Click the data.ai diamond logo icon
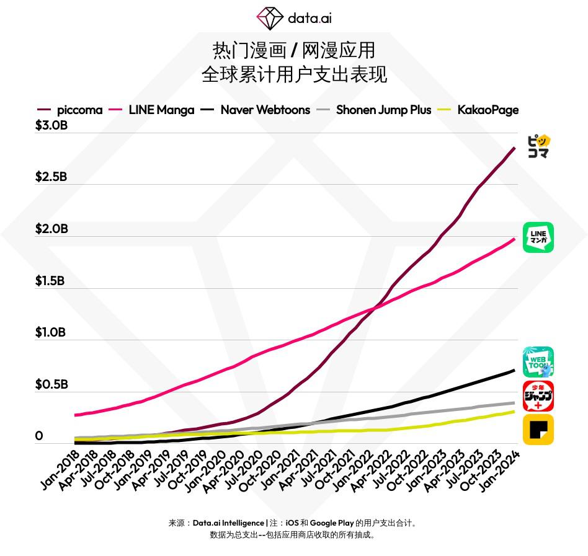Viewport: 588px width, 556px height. (270, 18)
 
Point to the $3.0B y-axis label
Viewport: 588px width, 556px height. (51, 125)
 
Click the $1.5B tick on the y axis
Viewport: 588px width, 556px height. (50, 281)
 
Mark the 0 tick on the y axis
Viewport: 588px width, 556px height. (39, 436)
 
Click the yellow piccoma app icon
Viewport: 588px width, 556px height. (538, 147)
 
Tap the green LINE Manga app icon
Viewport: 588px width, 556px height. (538, 237)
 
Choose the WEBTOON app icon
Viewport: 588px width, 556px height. (538, 362)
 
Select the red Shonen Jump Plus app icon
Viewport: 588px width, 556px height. (538, 396)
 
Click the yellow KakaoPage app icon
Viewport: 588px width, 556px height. (538, 430)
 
